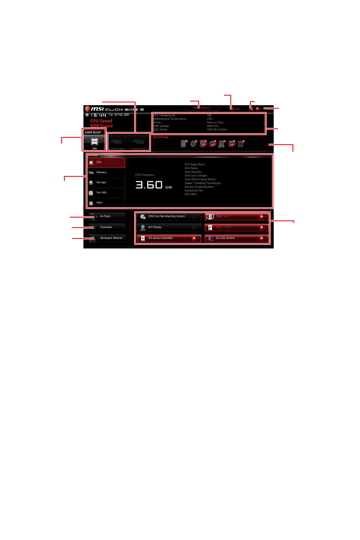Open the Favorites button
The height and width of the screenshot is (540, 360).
pos(106,227)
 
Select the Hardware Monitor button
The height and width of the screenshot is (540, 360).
pos(108,238)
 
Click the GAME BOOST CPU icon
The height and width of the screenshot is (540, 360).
pos(94,142)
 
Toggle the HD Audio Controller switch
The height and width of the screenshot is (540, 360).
pos(195,238)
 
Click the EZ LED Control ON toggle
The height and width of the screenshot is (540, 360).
pos(263,238)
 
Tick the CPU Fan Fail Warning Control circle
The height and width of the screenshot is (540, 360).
pos(194,217)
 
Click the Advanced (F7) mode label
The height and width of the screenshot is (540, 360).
pos(202,108)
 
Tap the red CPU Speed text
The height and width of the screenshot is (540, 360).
pos(101,121)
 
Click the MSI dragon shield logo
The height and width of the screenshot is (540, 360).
pos(87,109)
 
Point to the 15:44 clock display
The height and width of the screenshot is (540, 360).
pos(98,115)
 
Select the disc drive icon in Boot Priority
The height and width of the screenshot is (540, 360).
pos(193,144)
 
